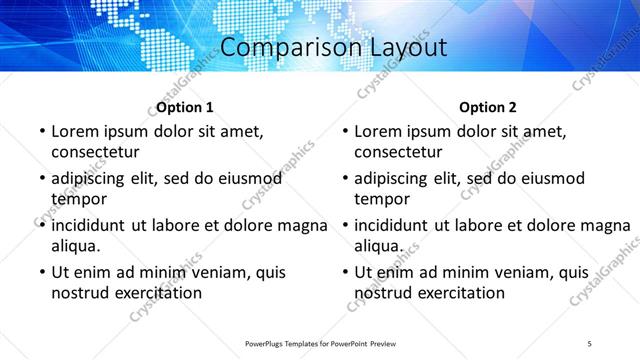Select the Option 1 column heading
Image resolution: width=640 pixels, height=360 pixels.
pyautogui.click(x=185, y=107)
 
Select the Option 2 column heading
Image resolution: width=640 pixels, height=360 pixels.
pyautogui.click(x=488, y=107)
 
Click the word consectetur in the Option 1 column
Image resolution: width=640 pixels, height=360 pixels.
pyautogui.click(x=95, y=152)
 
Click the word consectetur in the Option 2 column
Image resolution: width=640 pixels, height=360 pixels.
pyautogui.click(x=398, y=152)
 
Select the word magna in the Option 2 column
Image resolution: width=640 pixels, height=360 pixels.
pyautogui.click(x=609, y=225)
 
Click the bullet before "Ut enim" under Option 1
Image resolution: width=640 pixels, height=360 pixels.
pyautogui.click(x=41, y=272)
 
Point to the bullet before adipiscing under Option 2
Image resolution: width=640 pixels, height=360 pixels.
pyautogui.click(x=344, y=179)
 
